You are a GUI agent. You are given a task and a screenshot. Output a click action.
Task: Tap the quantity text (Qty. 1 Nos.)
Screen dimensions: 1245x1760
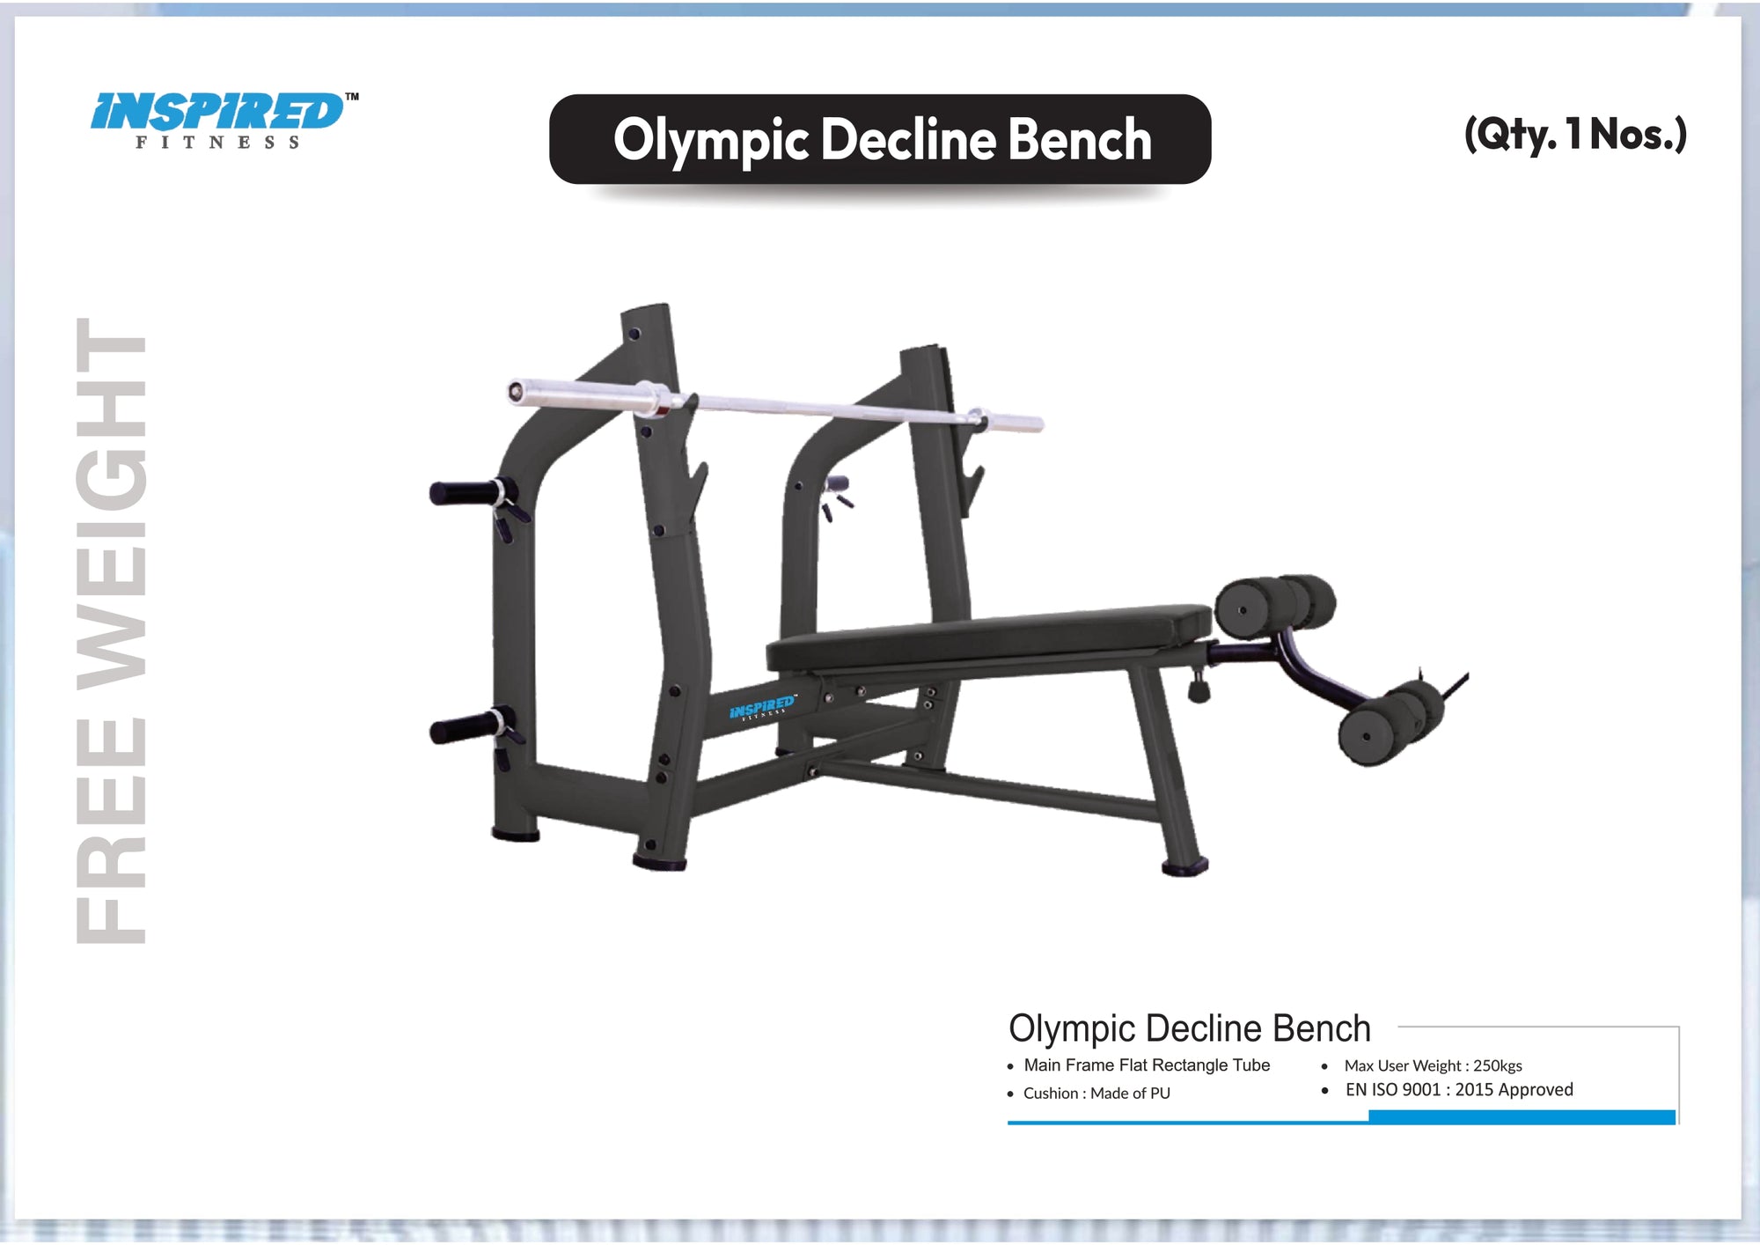[x=1574, y=134]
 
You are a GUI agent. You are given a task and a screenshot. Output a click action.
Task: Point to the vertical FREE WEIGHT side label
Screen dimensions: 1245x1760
[x=111, y=630]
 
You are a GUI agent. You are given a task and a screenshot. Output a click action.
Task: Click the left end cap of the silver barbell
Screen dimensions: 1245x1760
[x=517, y=391]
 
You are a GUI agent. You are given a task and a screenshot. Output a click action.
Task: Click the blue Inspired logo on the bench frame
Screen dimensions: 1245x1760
[x=762, y=707]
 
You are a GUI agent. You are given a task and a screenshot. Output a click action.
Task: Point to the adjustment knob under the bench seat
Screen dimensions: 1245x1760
[x=1198, y=689]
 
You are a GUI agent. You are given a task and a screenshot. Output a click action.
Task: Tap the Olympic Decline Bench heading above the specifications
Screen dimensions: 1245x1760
[x=1189, y=1028]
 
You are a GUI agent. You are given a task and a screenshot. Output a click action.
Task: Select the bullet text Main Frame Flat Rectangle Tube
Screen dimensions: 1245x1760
[x=1146, y=1065]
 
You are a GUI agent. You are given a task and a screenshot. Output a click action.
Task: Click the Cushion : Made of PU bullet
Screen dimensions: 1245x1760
[x=1096, y=1094]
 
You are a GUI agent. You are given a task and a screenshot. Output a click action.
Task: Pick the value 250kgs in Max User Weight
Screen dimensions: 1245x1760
[x=1497, y=1066]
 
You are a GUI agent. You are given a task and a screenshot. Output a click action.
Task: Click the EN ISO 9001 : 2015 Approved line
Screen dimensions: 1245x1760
[x=1458, y=1090]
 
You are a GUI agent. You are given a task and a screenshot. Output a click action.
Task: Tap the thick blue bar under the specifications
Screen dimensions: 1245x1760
[x=1522, y=1117]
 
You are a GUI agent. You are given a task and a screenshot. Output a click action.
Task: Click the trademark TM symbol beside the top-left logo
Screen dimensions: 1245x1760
[x=351, y=97]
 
